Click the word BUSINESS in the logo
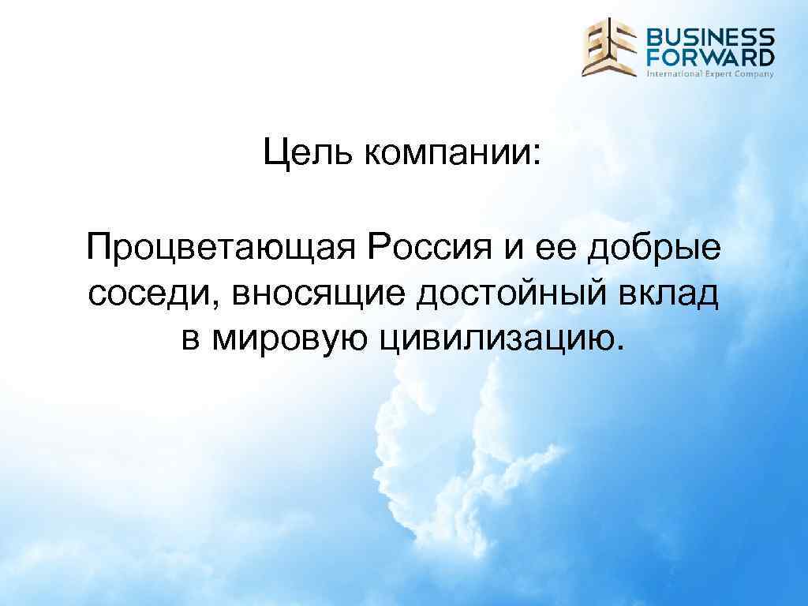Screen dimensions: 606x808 tap(710, 38)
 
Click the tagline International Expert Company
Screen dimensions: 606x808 tap(710, 73)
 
